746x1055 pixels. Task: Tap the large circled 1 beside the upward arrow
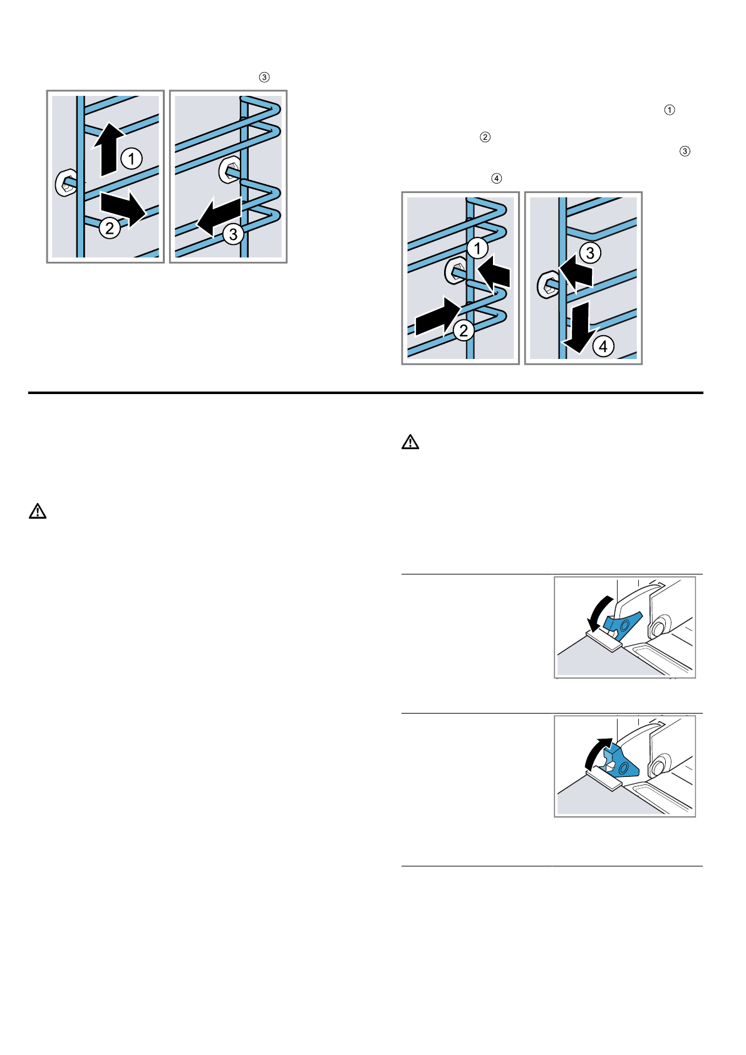pos(132,158)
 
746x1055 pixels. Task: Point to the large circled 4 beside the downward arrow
pos(603,346)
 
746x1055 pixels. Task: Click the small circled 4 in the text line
pos(496,179)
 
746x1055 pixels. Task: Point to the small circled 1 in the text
pos(669,110)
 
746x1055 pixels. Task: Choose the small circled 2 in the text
pos(485,137)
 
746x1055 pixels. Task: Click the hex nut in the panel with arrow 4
pos(547,284)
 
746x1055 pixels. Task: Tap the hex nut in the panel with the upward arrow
pos(66,182)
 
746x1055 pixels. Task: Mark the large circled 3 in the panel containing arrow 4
pos(589,253)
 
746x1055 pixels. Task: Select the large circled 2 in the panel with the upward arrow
pos(110,228)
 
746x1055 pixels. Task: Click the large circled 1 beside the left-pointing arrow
pos(477,248)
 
